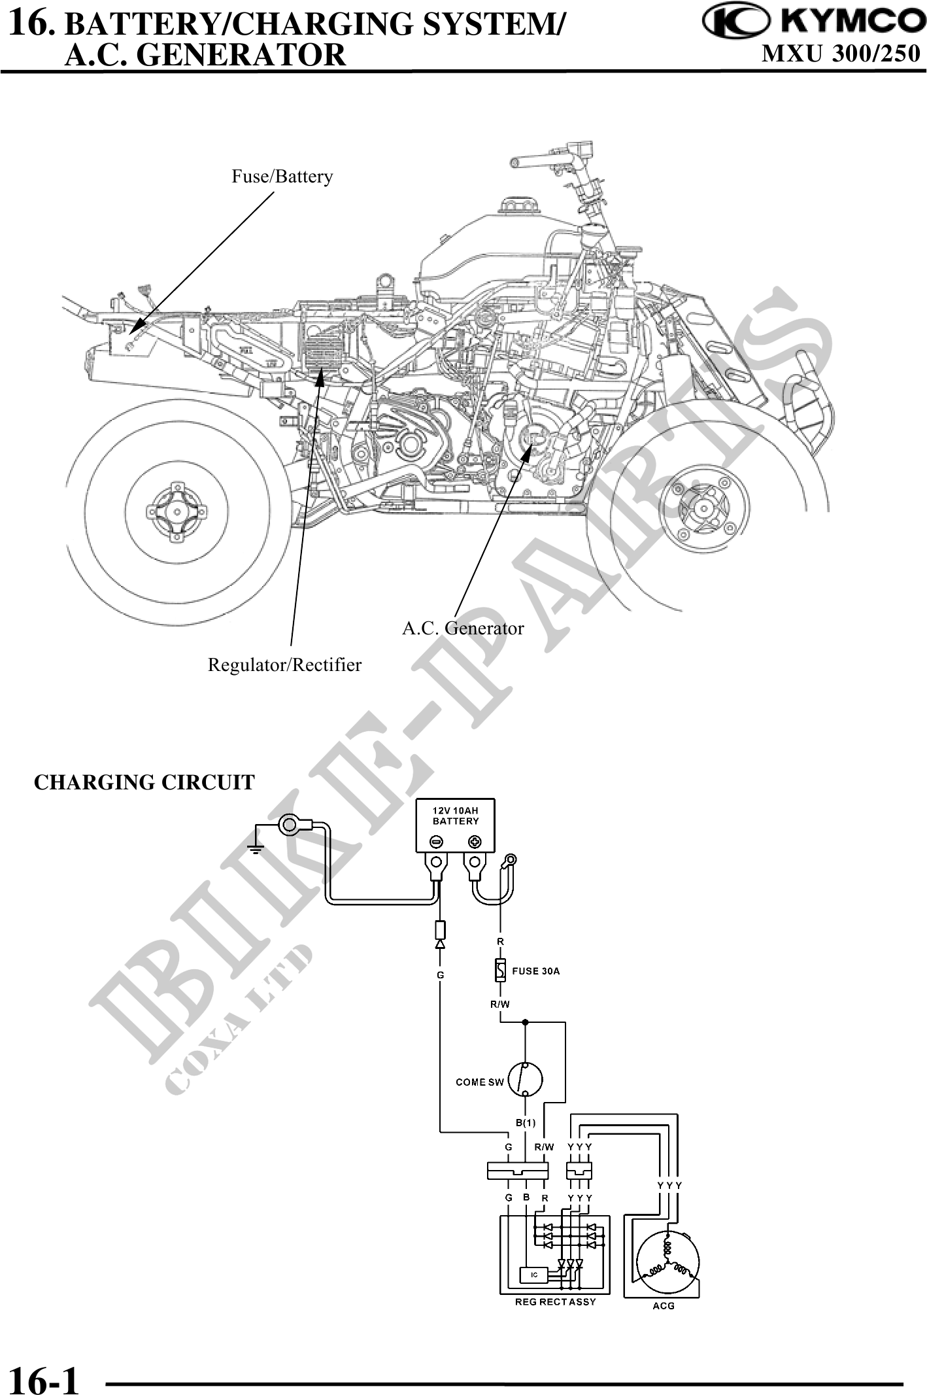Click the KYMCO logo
815,22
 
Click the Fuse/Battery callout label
282,177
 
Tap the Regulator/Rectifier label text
284,665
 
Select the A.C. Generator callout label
463,629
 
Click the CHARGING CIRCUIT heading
144,782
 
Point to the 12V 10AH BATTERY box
456,825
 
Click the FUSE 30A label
535,971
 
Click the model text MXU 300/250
841,54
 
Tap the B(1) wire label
525,1123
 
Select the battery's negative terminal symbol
437,841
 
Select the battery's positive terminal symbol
475,841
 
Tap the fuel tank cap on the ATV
517,205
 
